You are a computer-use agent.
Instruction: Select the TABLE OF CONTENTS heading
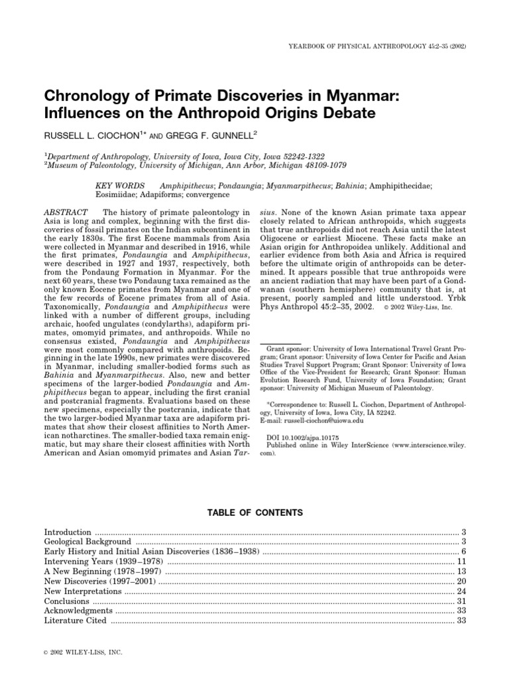[254, 513]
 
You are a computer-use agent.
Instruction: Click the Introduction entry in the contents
[68, 532]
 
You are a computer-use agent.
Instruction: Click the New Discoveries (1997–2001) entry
[101, 580]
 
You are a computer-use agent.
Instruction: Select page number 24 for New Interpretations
[463, 590]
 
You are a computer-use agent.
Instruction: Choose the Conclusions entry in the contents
[66, 600]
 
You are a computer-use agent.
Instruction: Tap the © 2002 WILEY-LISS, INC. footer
[83, 652]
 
